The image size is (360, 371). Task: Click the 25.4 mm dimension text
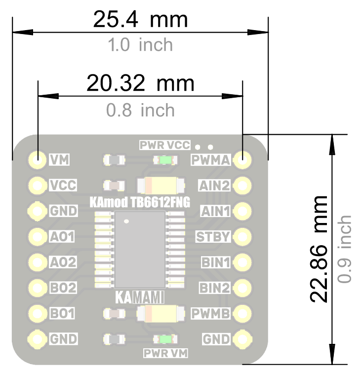[x=140, y=19]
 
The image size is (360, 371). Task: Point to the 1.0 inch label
[x=140, y=45]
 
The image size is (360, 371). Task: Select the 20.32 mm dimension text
[x=140, y=83]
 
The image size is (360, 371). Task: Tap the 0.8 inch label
[x=140, y=110]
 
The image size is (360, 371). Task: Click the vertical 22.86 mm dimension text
[x=319, y=249]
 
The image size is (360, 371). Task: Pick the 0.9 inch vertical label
[x=344, y=249]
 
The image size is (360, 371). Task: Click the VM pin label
[x=59, y=160]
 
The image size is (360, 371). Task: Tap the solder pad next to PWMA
[x=242, y=160]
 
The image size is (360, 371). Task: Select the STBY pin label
[x=213, y=237]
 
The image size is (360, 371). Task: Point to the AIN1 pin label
[x=215, y=211]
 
